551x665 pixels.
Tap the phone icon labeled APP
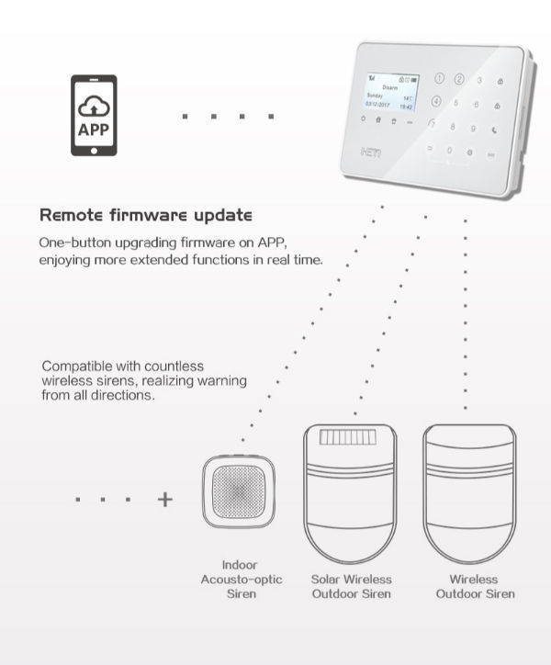94,116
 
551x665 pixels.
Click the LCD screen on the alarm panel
389,96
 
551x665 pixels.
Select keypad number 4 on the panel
437,102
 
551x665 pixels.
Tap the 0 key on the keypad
450,150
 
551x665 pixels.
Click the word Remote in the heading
72,216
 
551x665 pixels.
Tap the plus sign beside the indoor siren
165,500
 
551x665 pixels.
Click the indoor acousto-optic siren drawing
239,493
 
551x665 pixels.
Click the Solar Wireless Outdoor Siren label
351,586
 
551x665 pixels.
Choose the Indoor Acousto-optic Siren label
241,579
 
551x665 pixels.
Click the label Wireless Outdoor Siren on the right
475,586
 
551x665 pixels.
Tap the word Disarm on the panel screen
390,85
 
